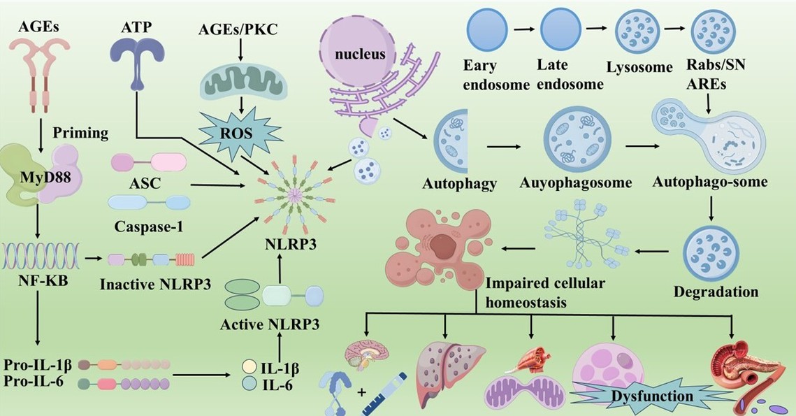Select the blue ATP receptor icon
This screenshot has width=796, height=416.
[138, 53]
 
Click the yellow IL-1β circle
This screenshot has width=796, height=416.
[248, 367]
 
